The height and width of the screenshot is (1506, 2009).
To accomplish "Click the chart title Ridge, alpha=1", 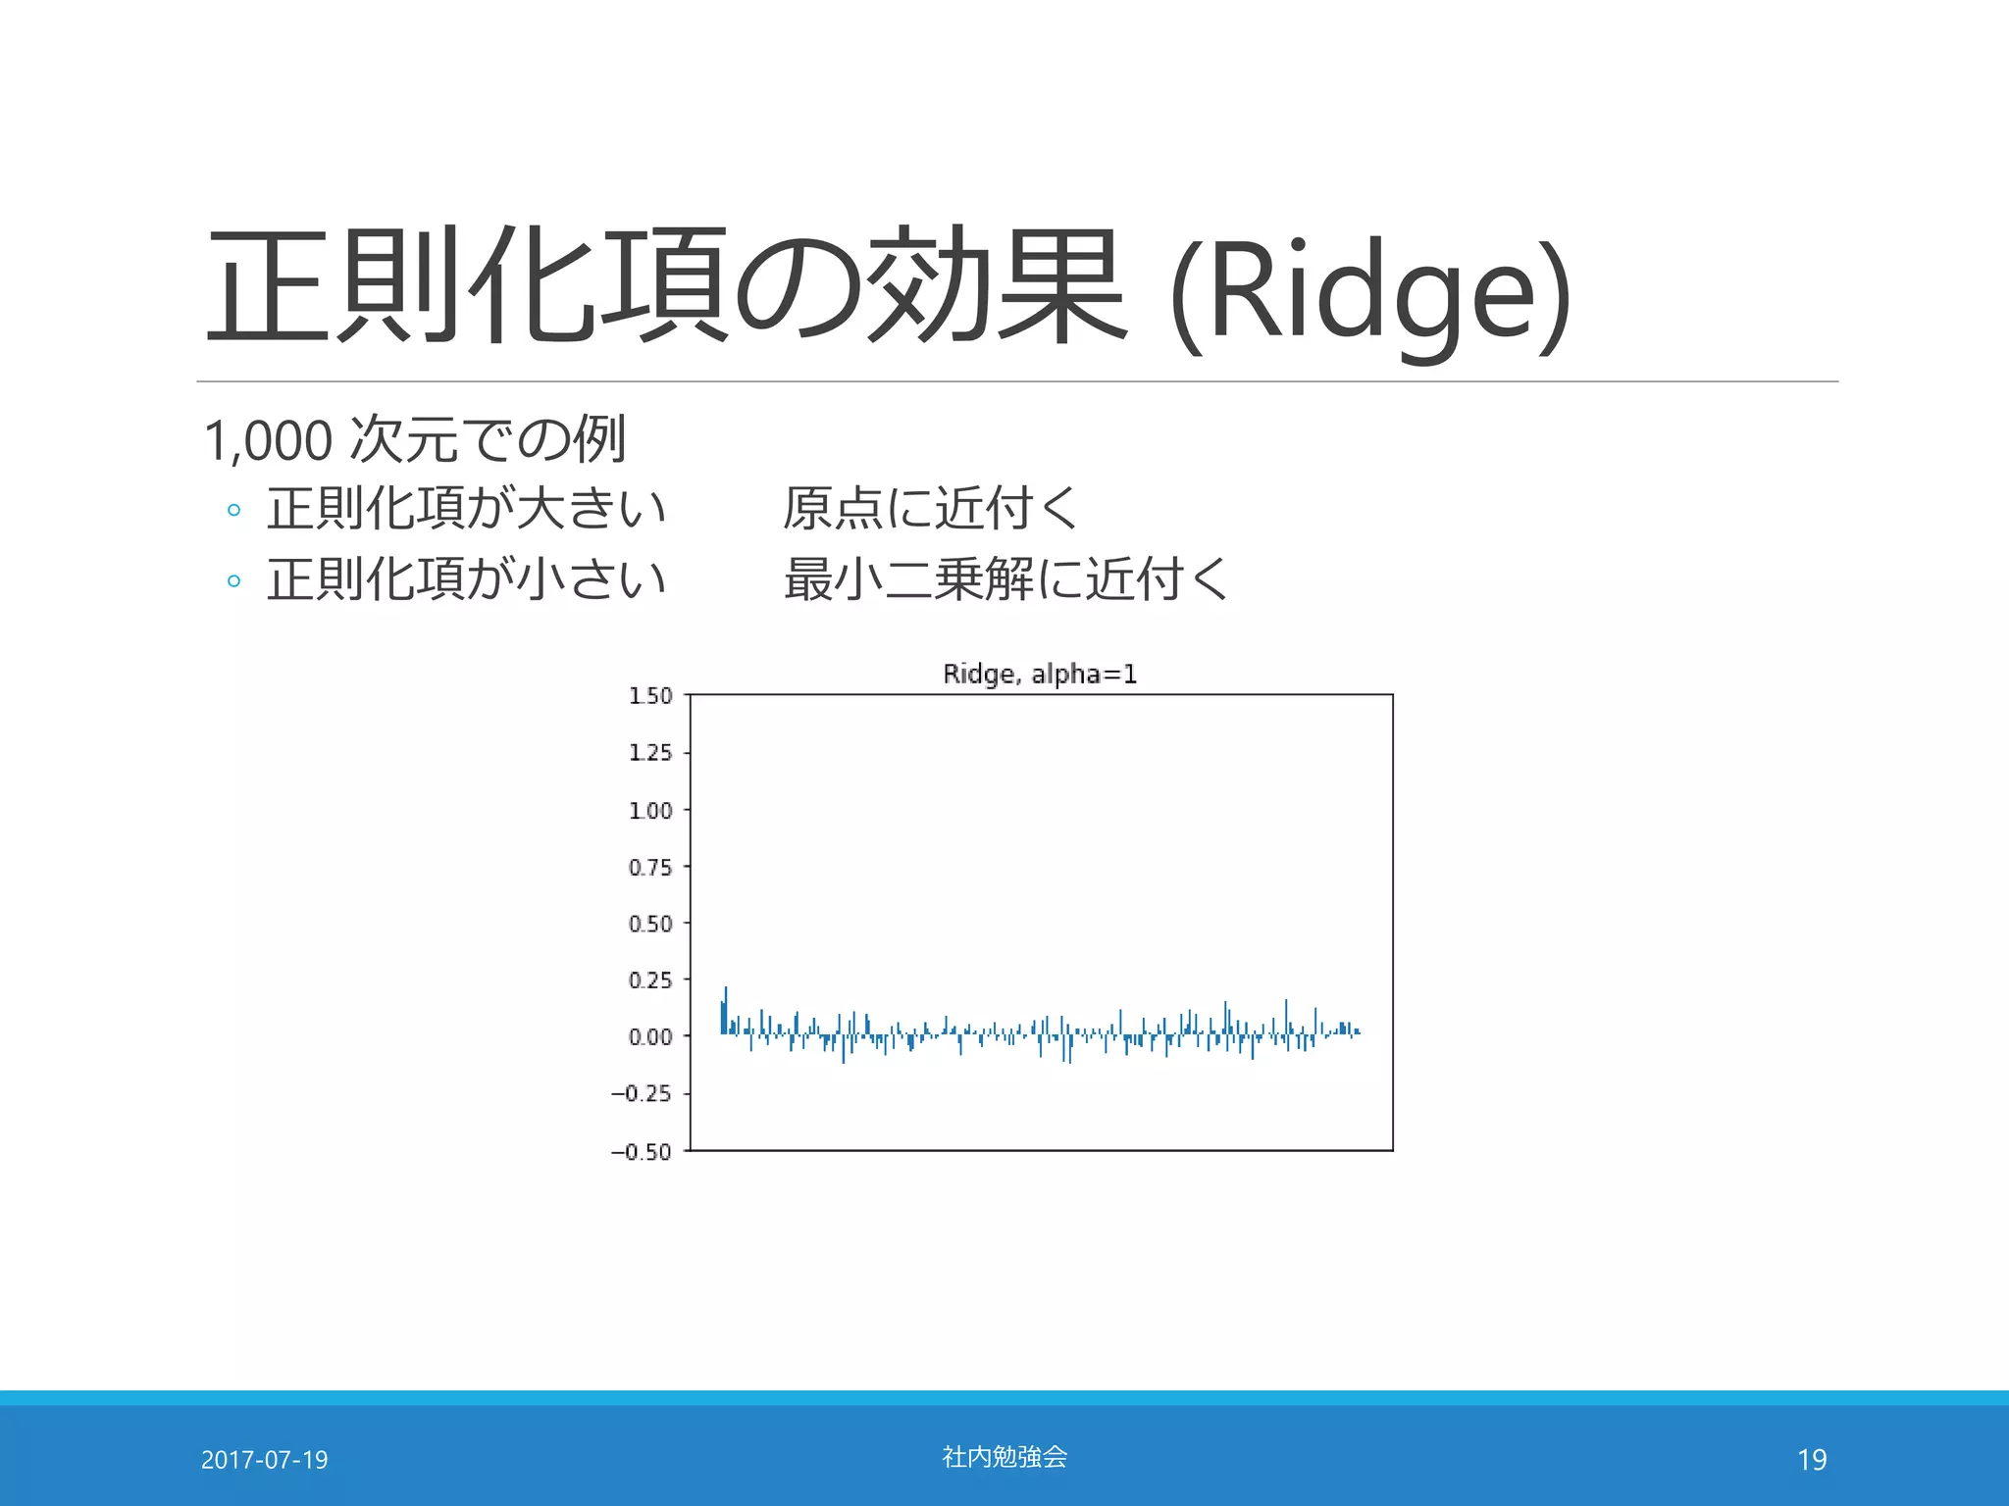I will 1039,674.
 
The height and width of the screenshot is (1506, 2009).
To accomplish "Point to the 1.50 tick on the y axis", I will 650,696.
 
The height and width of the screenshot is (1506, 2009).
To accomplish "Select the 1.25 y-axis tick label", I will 650,753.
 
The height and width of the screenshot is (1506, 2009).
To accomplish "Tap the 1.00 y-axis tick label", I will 650,811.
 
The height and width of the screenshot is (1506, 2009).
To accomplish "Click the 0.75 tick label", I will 650,868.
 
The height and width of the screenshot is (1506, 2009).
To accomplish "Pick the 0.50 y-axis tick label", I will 650,924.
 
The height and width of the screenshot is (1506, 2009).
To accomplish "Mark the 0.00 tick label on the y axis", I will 650,1037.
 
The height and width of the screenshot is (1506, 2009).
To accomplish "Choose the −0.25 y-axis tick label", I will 642,1093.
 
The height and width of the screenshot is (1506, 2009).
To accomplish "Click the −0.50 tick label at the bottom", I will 642,1152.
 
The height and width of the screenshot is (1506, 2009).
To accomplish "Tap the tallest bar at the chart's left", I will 726,1010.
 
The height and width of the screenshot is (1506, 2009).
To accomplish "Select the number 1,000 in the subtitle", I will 268,440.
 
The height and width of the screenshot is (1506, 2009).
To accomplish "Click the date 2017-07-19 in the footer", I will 264,1460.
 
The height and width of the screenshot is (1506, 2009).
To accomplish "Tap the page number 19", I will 1812,1460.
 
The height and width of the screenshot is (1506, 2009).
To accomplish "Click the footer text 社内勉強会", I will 1004,1457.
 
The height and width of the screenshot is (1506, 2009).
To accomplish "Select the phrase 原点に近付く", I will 931,508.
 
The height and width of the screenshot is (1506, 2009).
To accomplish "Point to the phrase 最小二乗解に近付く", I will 1005,578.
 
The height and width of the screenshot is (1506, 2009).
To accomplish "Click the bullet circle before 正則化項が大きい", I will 233,510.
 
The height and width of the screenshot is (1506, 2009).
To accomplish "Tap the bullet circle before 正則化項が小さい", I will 233,580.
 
